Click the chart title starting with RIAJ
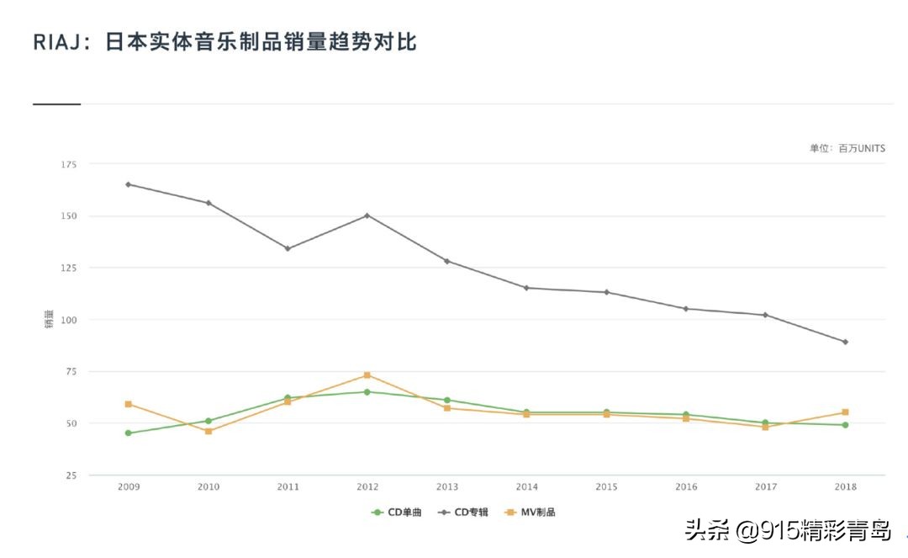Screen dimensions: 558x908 coord(224,42)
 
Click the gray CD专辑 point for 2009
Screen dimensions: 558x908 coord(129,184)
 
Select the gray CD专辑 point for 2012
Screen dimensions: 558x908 coord(367,215)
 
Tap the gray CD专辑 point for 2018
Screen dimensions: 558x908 coord(845,342)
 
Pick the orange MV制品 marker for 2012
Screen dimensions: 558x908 coord(367,375)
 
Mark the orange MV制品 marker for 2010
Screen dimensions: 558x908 coord(209,431)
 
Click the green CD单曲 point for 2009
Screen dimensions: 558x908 coord(129,433)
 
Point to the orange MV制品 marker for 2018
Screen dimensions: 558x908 coord(845,412)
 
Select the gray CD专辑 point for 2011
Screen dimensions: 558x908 coord(288,248)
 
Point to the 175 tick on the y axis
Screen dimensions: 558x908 coord(70,164)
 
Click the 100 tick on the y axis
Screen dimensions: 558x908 coord(70,320)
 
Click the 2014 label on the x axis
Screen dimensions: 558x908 coord(527,487)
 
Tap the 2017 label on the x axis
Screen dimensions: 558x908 coord(766,487)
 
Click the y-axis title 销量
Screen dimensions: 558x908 coord(49,320)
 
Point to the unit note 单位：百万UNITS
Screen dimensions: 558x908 coord(847,148)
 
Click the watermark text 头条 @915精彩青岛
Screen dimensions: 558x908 coord(788,531)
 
